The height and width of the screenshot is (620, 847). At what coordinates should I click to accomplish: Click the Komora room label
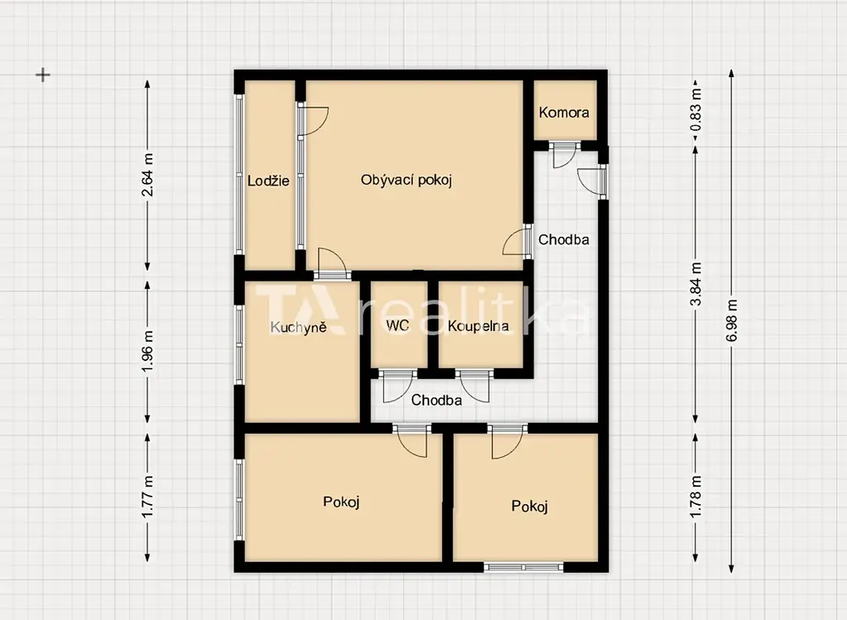click(564, 113)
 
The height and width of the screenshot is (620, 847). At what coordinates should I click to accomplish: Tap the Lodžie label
click(269, 180)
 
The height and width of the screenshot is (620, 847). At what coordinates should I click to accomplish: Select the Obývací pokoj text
click(406, 180)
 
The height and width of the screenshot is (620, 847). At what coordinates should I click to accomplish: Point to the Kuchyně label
click(299, 326)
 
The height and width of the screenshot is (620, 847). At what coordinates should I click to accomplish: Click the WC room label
click(398, 325)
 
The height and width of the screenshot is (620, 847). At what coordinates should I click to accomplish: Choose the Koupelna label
click(479, 326)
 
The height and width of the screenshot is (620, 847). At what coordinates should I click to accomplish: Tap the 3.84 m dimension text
click(696, 285)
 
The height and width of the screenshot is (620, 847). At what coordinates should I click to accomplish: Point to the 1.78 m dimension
click(696, 496)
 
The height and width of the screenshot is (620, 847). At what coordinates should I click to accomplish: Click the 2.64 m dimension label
click(147, 175)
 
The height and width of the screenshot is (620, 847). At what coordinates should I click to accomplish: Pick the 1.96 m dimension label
click(147, 351)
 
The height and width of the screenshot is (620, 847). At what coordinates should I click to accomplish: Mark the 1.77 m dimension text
click(147, 496)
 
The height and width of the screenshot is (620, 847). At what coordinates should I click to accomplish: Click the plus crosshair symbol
click(43, 74)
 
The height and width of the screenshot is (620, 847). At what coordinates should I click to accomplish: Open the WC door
click(398, 386)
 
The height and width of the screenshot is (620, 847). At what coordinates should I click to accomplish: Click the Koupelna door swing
click(475, 386)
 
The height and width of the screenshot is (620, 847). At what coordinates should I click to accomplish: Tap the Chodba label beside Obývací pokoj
click(564, 239)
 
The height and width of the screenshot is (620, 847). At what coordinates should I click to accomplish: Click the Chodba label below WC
click(437, 400)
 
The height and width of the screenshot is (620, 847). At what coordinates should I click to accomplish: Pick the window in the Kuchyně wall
click(239, 345)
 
